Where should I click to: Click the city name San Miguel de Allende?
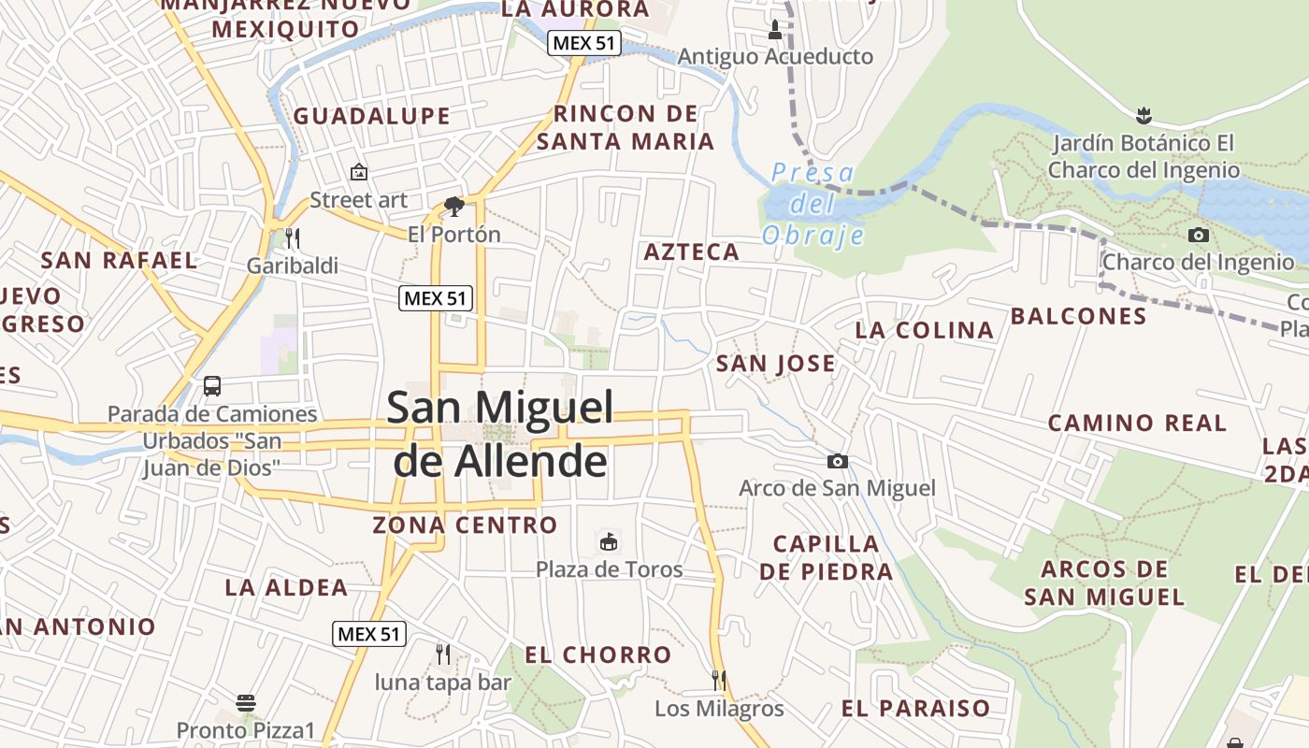pyautogui.click(x=500, y=434)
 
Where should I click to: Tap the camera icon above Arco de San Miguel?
pyautogui.click(x=838, y=461)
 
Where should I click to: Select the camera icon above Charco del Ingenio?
pyautogui.click(x=1198, y=235)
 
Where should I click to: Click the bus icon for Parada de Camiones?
pyautogui.click(x=212, y=385)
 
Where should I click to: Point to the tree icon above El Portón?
pyautogui.click(x=454, y=206)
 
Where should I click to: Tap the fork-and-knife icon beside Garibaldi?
pyautogui.click(x=293, y=237)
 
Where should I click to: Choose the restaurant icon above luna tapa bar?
pyautogui.click(x=443, y=654)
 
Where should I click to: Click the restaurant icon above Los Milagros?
pyautogui.click(x=718, y=680)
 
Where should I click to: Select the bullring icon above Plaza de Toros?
pyautogui.click(x=609, y=541)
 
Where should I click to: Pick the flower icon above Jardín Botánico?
pyautogui.click(x=1143, y=116)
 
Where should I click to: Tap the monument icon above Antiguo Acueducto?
pyautogui.click(x=774, y=30)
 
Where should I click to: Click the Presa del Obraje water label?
pyautogui.click(x=813, y=203)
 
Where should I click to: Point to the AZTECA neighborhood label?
pyautogui.click(x=692, y=252)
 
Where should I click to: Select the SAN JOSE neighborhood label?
pyautogui.click(x=775, y=364)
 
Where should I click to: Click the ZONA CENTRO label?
pyautogui.click(x=465, y=525)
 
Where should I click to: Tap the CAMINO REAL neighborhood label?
pyautogui.click(x=1137, y=423)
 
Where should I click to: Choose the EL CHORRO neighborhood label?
pyautogui.click(x=597, y=654)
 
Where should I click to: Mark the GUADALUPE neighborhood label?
pyautogui.click(x=371, y=116)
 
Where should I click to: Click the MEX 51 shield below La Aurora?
pyautogui.click(x=585, y=42)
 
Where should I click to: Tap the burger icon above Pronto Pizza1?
pyautogui.click(x=246, y=702)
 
